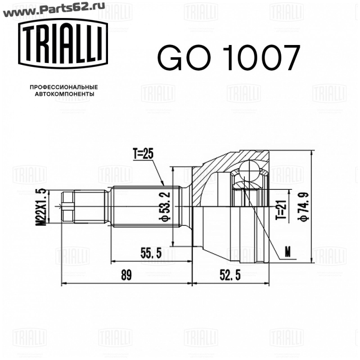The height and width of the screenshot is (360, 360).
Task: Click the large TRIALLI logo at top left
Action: pyautogui.click(x=63, y=44)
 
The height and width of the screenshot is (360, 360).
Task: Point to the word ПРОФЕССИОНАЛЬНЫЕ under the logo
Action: pyautogui.click(x=64, y=87)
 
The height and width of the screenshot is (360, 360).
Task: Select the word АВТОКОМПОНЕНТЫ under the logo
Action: pyautogui.click(x=64, y=94)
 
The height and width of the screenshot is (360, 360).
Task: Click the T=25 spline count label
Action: pyautogui.click(x=143, y=153)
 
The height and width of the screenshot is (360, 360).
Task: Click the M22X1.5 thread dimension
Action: pyautogui.click(x=42, y=207)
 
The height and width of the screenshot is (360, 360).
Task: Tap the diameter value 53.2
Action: pyautogui.click(x=164, y=207)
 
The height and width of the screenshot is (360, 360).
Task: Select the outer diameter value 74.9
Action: pyautogui.click(x=303, y=207)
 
